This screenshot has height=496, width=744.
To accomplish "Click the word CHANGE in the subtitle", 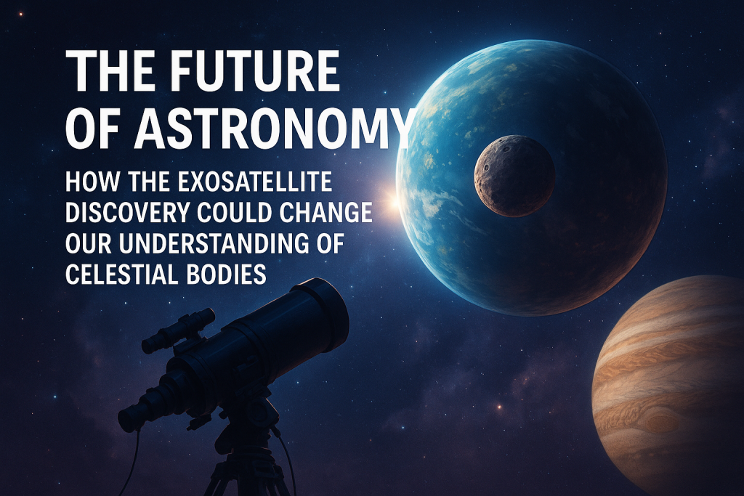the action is [325, 213].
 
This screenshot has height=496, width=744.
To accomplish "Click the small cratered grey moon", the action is [515, 176].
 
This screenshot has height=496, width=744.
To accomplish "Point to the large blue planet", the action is [532, 177].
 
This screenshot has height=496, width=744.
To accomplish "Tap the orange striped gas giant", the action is [668, 384].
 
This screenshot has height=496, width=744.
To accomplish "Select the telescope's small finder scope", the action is [179, 330].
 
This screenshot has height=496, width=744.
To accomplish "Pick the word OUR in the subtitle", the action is [89, 243].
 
